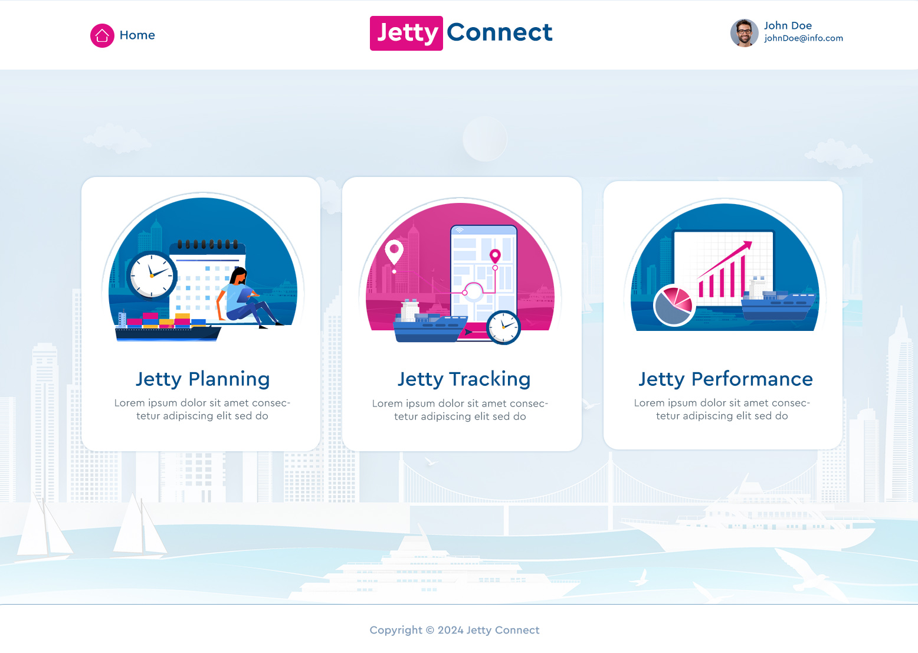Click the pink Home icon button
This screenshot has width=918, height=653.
102,35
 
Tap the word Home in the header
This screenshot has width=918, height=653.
137,35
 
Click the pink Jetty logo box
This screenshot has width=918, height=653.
406,33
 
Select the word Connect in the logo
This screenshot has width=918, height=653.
499,32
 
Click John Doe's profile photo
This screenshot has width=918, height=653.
744,33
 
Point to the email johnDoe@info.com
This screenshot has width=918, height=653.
803,38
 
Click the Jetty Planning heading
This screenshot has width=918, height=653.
202,379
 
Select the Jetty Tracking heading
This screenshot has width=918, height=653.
464,379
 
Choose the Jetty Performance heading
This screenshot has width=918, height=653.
725,379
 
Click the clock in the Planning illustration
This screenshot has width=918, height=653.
152,275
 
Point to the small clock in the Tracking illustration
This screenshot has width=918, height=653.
503,327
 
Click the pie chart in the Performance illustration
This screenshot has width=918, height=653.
673,305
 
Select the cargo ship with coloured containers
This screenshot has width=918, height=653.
168,328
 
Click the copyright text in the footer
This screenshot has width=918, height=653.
454,630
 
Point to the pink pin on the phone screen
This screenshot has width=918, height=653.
495,255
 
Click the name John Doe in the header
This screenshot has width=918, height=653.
788,25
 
